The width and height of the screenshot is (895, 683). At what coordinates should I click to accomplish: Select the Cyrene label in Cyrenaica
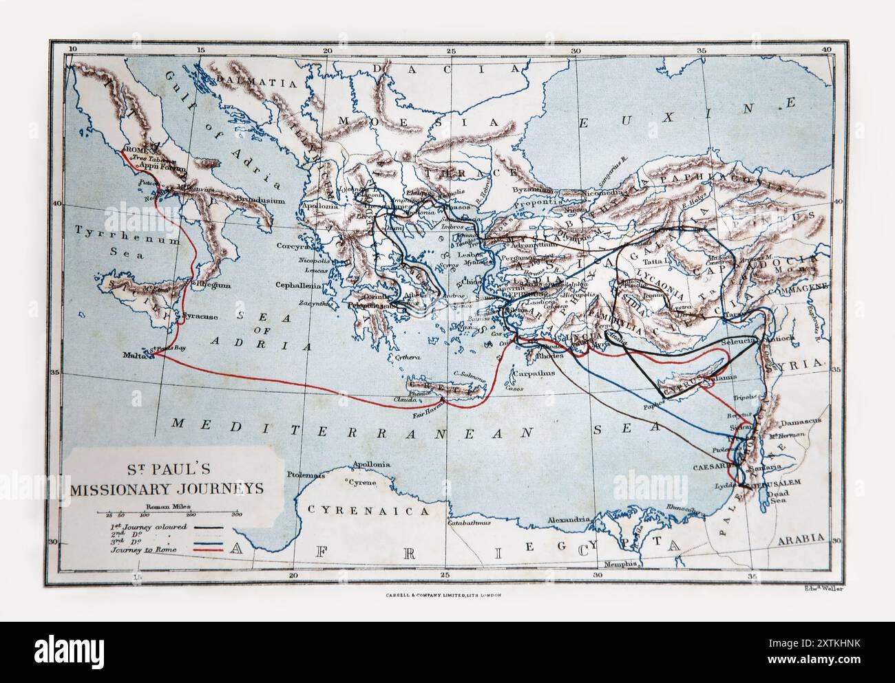(x=363, y=482)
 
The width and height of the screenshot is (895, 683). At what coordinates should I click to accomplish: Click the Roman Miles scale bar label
(x=160, y=506)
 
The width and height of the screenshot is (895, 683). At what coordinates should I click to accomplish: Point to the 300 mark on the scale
(x=235, y=514)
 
